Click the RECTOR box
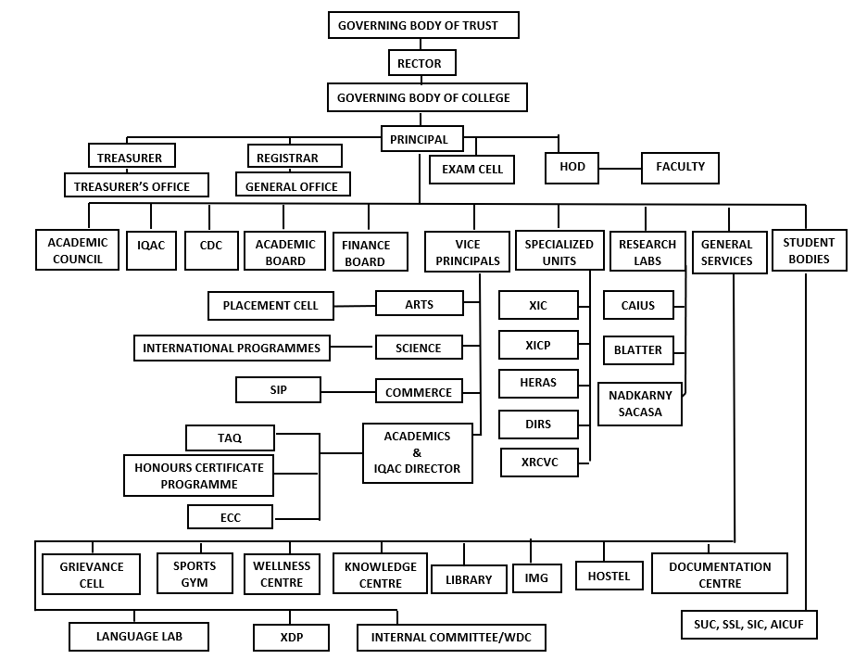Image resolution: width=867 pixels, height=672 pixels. (421, 62)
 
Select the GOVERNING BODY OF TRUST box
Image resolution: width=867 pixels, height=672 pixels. (423, 25)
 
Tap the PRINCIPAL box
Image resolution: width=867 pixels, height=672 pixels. (421, 139)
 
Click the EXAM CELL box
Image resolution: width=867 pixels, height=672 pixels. (471, 170)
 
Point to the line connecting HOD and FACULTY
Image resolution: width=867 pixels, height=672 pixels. (620, 168)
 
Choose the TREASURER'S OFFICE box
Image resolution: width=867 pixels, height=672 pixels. (136, 184)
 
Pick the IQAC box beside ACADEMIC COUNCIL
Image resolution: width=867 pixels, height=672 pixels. (151, 250)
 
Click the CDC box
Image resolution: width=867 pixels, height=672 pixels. (211, 250)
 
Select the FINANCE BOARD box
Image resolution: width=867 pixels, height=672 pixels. (371, 252)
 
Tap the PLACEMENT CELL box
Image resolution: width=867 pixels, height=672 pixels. (270, 306)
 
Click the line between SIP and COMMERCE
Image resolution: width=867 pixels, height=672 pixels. (347, 391)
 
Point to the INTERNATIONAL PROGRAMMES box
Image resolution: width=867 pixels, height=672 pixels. (232, 348)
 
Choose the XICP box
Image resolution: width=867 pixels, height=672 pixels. (538, 345)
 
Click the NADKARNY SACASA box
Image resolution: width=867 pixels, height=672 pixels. (640, 404)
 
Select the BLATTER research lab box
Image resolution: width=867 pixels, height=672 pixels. (638, 350)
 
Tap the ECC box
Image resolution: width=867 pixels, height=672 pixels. (230, 516)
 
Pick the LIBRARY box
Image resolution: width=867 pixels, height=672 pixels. (469, 579)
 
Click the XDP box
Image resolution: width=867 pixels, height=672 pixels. (292, 637)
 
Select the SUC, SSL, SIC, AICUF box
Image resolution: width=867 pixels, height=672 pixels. (748, 625)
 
